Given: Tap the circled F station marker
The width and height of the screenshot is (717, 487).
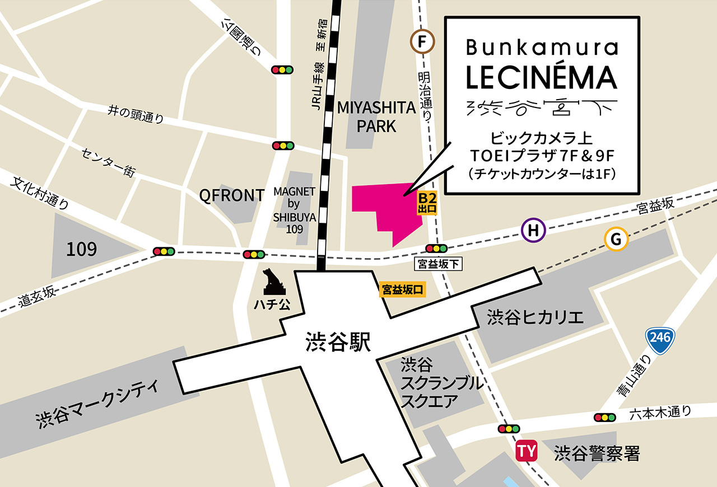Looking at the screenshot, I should pos(423,41).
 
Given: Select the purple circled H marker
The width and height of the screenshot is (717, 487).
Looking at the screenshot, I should pos(533,230).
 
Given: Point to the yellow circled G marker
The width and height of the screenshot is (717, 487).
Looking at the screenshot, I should pos(616,240).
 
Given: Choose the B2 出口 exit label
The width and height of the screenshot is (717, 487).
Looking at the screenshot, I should pos(427,203).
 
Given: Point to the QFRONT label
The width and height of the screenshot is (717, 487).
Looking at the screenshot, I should pos(232,195).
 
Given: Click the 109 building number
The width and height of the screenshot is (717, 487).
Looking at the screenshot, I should pos(81,249).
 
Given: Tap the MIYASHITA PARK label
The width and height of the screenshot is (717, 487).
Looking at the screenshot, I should pos(376,117).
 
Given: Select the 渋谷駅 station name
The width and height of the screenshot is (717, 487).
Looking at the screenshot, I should pos(338,342).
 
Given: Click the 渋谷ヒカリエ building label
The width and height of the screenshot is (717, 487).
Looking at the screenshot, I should pos(535,317).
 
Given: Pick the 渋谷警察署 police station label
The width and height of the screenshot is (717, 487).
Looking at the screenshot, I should pos(596,453).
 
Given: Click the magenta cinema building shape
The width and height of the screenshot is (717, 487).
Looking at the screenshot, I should pos(387,207).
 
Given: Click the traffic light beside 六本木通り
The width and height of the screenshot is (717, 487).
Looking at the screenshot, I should pos(604,417).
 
